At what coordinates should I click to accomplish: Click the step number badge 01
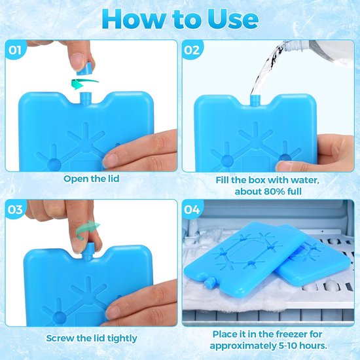point(15,50)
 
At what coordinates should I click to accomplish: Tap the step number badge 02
point(192,50)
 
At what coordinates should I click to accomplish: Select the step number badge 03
point(15,209)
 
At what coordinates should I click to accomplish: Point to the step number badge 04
point(192,209)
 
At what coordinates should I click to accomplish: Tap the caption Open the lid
point(92,179)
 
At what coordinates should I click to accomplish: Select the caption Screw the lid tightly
point(92,338)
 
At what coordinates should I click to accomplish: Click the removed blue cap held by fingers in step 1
point(84,69)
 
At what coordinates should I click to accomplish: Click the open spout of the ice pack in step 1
point(86,98)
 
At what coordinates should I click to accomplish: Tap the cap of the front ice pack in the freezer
point(209,282)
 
